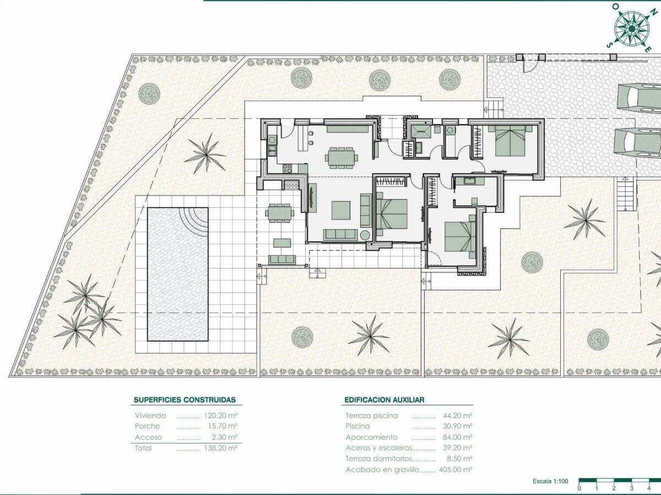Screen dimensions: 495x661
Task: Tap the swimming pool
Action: (x=177, y=273)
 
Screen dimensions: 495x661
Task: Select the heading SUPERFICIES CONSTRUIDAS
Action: (x=185, y=400)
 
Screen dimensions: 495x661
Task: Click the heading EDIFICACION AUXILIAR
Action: (x=384, y=400)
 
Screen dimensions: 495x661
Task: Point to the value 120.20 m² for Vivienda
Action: (x=220, y=416)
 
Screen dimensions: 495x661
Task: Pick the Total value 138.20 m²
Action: (x=220, y=448)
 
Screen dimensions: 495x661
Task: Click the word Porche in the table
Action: (x=148, y=426)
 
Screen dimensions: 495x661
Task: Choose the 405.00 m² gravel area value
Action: (x=456, y=470)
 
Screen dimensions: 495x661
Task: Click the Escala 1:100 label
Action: (x=550, y=481)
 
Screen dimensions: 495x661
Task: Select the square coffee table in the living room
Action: (x=340, y=210)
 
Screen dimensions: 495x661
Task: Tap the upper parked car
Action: (x=639, y=99)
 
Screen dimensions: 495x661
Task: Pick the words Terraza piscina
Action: (x=371, y=416)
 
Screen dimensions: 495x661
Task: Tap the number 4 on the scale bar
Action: (x=650, y=488)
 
